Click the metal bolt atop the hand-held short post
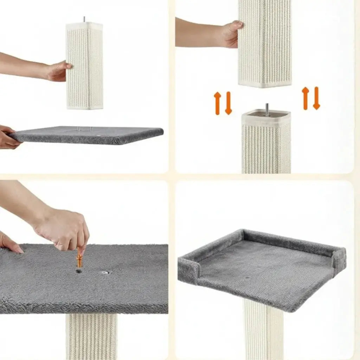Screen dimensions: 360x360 [x=84, y=19]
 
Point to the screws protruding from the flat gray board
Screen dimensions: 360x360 [x=85, y=129]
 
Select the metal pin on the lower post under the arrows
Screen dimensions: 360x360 [x=267, y=110]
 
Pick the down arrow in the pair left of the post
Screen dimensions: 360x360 [x=228, y=103]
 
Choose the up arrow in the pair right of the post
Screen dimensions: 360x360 [x=305, y=98]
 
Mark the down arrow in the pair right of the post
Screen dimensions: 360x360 [x=316, y=98]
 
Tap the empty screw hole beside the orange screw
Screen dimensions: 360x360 [x=105, y=272]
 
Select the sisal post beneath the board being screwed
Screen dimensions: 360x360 [x=91, y=336]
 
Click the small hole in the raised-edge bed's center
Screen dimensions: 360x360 [x=248, y=278]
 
